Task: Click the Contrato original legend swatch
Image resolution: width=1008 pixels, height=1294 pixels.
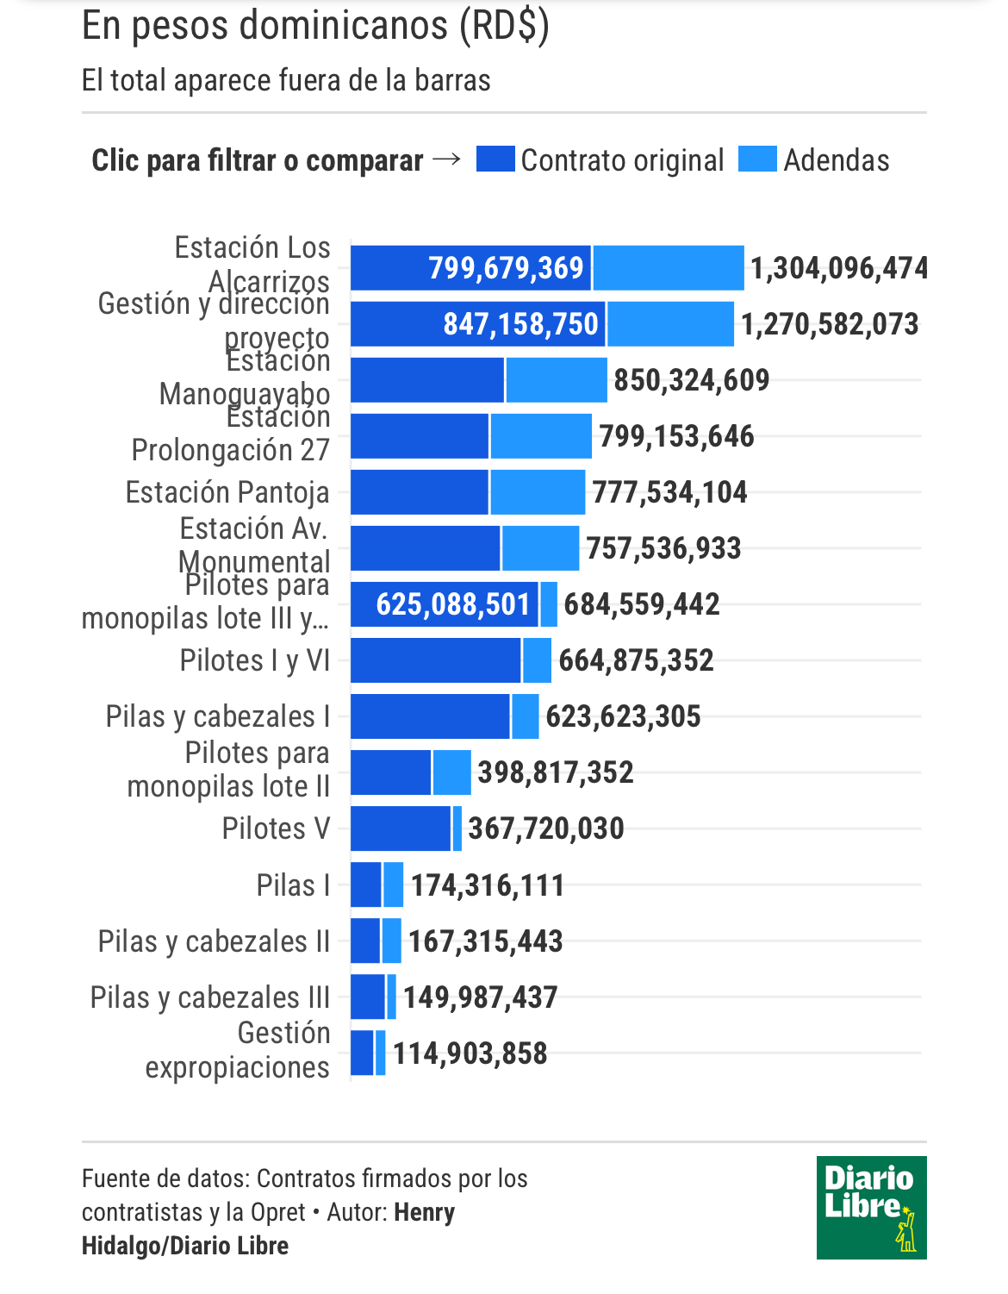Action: pos(495,159)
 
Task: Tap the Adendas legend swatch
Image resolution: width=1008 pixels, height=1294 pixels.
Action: pos(757,159)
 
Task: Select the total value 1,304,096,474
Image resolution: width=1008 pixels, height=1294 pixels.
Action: pos(838,268)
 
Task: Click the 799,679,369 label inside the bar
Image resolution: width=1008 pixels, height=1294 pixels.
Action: pos(506,268)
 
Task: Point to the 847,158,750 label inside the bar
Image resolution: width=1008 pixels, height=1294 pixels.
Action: pos(520,324)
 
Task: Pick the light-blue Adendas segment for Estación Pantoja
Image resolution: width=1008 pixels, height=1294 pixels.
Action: pos(538,492)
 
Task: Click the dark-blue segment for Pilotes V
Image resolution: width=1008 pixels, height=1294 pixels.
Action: pos(401,828)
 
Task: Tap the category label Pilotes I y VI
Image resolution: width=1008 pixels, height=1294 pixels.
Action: pos(255,660)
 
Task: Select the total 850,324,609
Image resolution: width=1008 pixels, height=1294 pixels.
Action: pos(691,380)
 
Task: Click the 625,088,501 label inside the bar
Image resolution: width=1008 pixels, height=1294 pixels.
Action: pos(452,604)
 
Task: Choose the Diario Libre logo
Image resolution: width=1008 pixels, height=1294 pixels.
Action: pos(871,1207)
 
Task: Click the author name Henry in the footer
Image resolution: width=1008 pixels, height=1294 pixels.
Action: pos(425,1212)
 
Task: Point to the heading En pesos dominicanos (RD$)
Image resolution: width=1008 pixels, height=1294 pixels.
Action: pos(315,26)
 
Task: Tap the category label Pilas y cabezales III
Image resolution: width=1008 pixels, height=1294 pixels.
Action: pos(210,997)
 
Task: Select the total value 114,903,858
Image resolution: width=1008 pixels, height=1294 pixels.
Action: pos(470,1053)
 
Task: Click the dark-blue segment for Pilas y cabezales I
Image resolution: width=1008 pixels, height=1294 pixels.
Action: pos(430,716)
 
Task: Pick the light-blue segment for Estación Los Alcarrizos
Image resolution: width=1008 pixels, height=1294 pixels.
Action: pos(669,268)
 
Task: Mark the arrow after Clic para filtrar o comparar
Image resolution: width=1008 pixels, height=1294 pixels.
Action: pos(446,159)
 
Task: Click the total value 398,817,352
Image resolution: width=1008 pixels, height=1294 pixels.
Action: pos(556,772)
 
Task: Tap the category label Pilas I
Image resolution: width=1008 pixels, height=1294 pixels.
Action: pos(293,885)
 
